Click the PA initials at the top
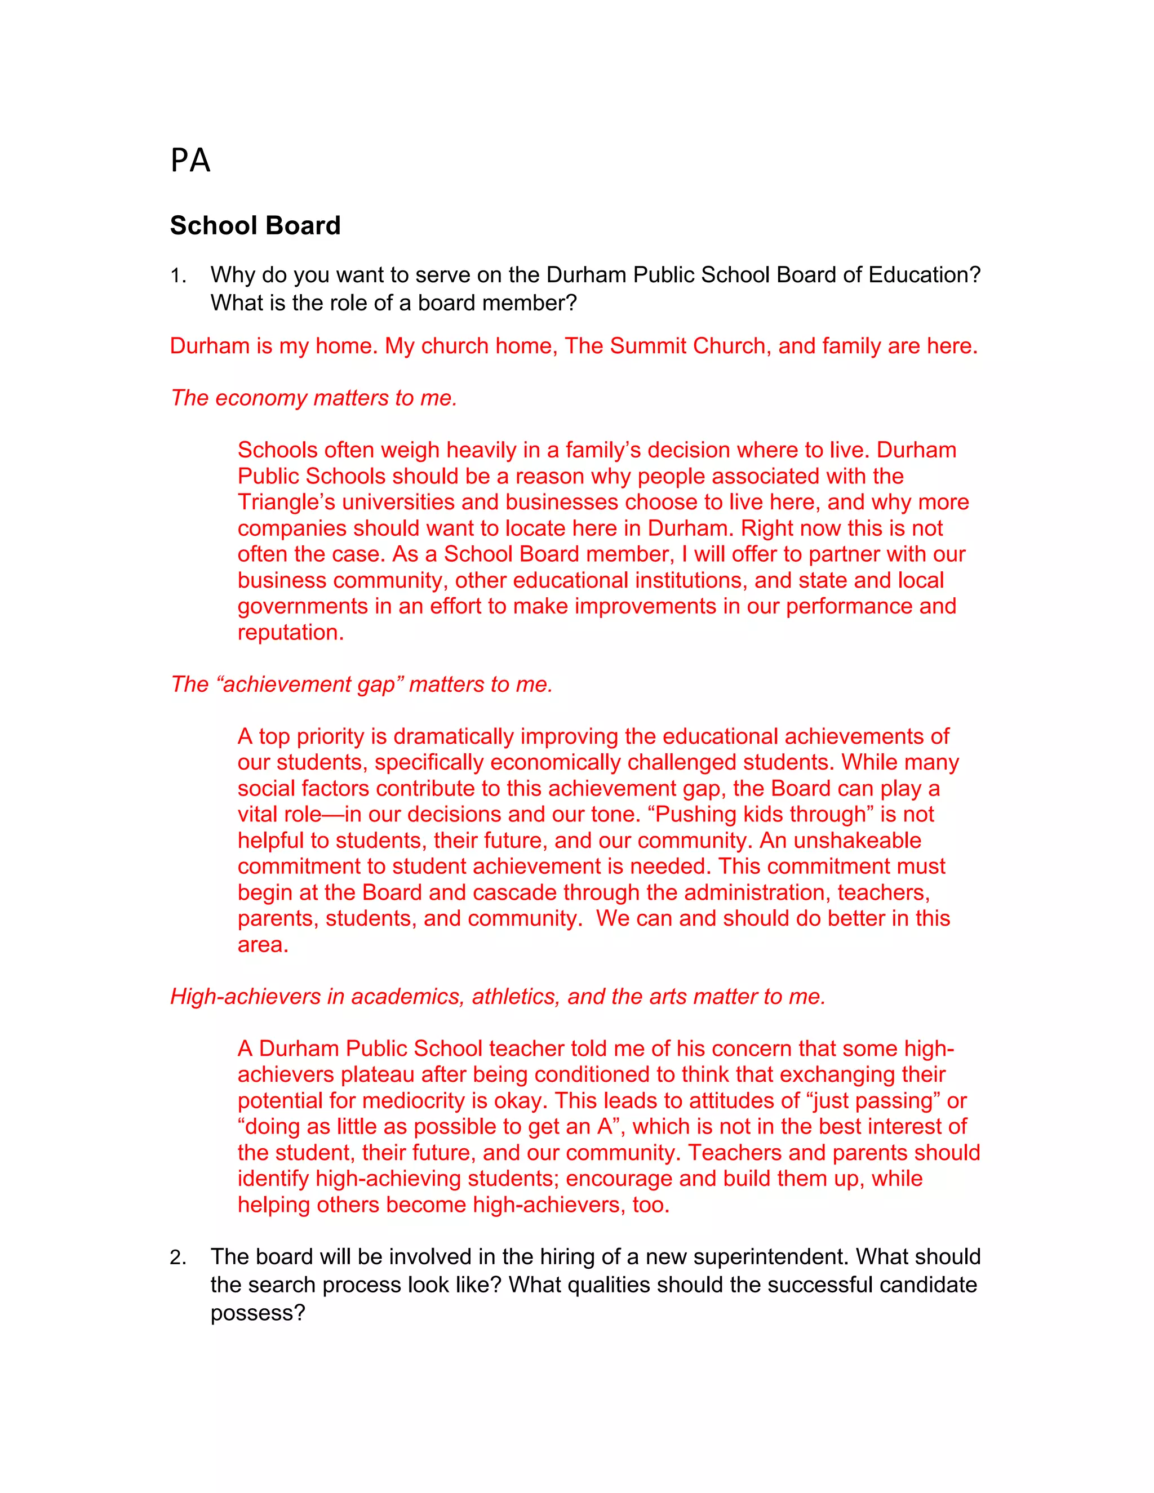(190, 161)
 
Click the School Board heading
(255, 225)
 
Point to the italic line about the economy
(313, 398)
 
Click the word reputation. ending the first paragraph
(291, 632)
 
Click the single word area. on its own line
(263, 945)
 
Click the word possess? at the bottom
(258, 1313)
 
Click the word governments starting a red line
(303, 606)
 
